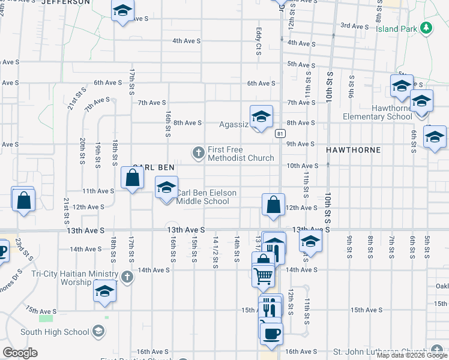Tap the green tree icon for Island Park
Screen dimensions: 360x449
426,28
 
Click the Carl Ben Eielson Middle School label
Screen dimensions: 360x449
206,197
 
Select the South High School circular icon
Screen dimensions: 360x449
98,332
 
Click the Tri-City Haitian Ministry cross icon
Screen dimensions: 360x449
127,277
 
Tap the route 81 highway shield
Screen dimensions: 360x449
280,133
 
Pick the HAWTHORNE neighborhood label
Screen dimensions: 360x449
353,149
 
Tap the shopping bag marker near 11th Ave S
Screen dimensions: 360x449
132,178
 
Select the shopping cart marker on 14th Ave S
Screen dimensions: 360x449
264,275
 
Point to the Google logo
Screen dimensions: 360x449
20,353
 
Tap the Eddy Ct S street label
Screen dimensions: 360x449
258,41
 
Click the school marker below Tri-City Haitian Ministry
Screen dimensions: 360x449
105,292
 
